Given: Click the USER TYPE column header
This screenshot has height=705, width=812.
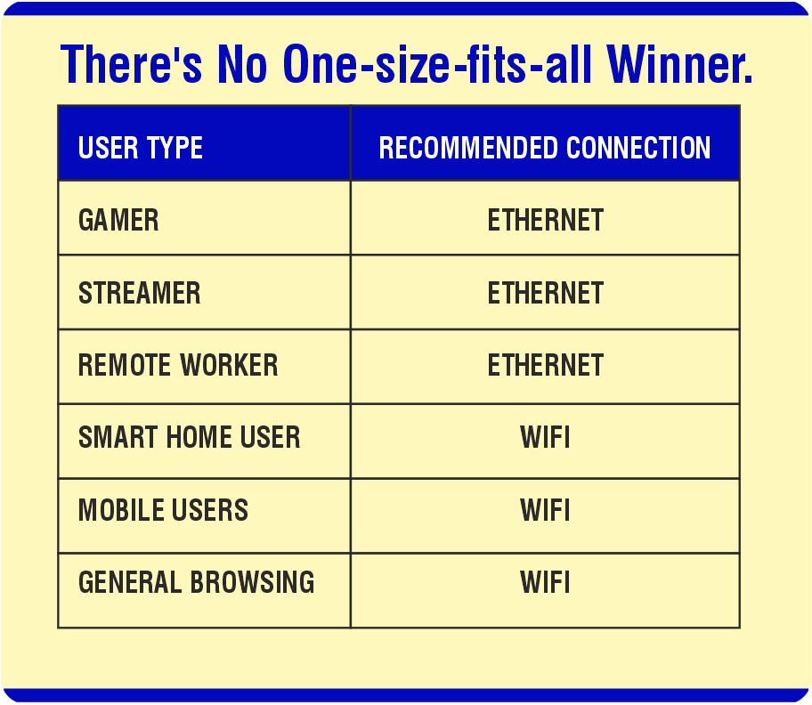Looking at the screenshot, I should (141, 148).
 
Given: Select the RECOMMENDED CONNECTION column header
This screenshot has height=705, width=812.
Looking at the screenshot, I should (545, 148).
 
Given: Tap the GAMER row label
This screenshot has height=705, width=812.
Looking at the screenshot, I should (118, 220).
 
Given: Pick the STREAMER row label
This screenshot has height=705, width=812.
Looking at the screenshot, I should (140, 293).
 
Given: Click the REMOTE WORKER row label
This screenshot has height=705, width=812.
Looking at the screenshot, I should (178, 365).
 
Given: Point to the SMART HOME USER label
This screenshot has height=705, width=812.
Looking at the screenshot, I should (190, 437).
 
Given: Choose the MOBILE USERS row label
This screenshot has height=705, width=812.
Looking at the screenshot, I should (164, 510).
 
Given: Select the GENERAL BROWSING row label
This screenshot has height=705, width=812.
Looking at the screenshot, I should (197, 582).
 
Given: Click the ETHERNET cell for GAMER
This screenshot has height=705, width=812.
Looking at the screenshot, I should (545, 220).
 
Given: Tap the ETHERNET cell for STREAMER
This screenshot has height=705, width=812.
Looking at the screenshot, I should (545, 293).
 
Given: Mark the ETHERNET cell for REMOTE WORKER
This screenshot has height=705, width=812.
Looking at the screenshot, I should (545, 365).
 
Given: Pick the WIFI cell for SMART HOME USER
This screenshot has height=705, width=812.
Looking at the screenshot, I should (545, 437).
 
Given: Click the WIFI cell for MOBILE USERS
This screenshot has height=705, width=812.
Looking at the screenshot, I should (545, 510).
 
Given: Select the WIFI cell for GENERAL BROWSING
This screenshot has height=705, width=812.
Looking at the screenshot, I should (545, 582).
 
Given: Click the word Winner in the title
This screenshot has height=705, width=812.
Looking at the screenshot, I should (679, 63).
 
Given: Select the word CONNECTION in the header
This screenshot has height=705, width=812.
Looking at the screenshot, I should (638, 148).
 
